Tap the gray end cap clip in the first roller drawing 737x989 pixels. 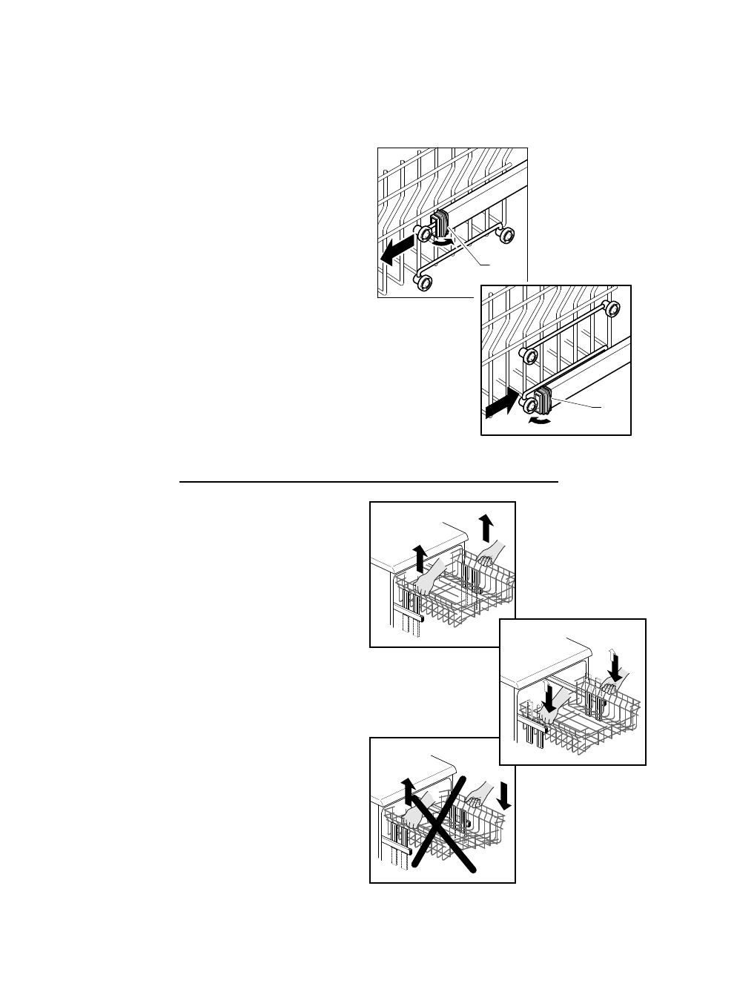[440, 225]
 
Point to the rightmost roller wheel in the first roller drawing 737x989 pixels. [506, 236]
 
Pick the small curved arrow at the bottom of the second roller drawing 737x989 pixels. [539, 421]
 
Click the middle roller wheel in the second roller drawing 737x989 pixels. [529, 357]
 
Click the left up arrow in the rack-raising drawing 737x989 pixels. [420, 557]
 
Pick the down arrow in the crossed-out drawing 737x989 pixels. [505, 796]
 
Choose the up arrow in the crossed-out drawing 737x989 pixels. [406, 792]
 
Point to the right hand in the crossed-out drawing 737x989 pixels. [477, 795]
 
